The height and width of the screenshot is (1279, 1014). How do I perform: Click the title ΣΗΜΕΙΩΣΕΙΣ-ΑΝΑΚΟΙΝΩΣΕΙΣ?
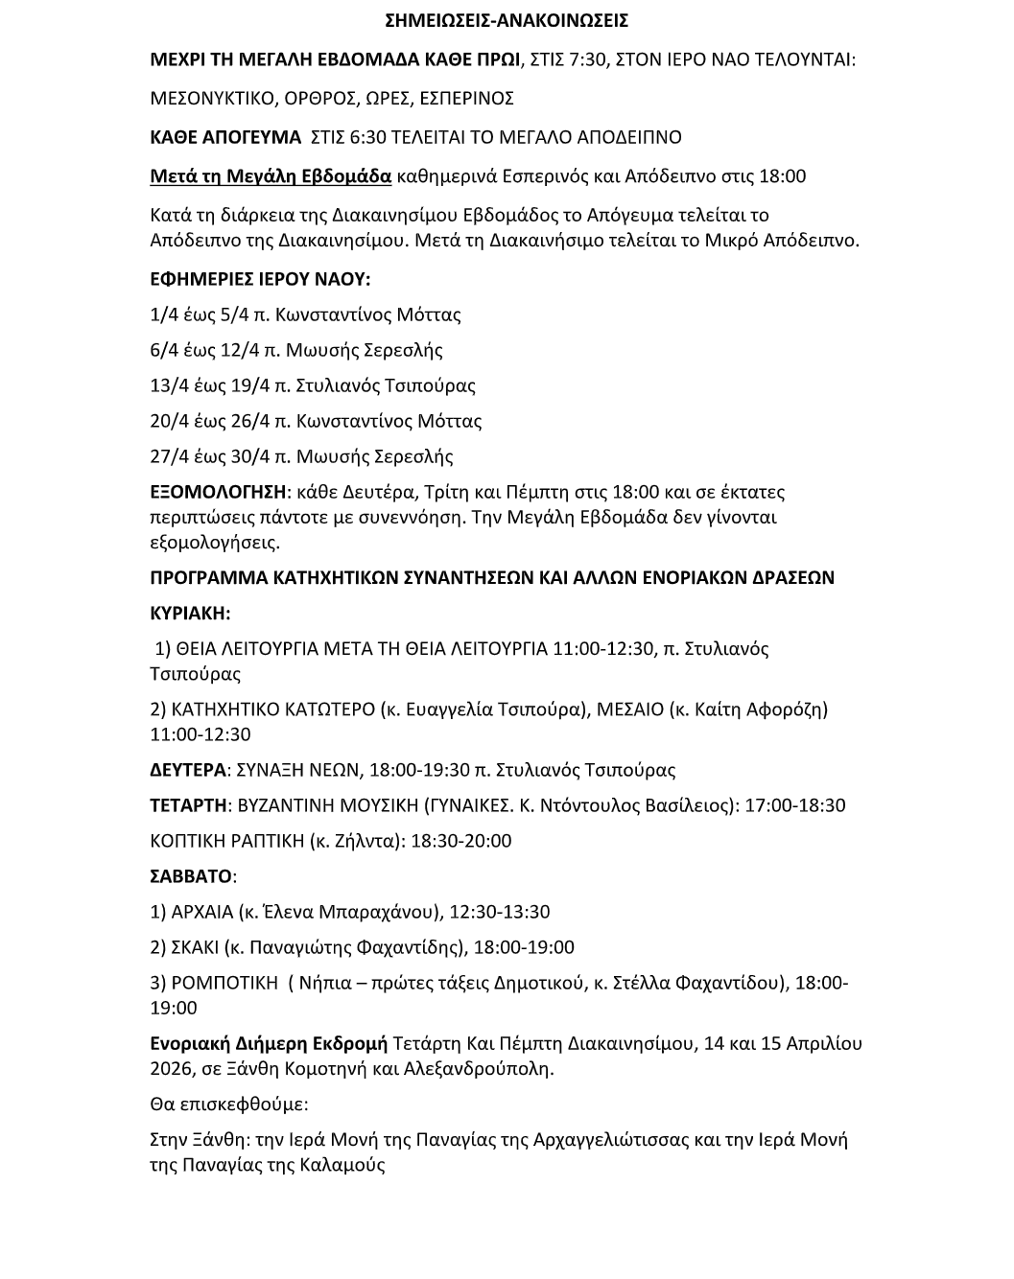click(x=507, y=20)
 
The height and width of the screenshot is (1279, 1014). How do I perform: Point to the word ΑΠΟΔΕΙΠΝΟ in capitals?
click(x=623, y=137)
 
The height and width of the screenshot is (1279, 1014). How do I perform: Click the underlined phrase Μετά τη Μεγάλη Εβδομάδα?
click(x=271, y=176)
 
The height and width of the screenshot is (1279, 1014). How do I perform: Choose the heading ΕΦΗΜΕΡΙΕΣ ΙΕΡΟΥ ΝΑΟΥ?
click(x=260, y=279)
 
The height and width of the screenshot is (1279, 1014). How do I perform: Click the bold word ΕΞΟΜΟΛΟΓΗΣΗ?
click(x=219, y=492)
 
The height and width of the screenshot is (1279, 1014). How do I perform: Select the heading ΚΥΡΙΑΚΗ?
click(x=190, y=613)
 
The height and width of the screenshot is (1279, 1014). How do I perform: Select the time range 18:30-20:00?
click(x=461, y=841)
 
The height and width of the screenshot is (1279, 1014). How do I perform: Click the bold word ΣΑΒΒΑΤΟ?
click(x=191, y=876)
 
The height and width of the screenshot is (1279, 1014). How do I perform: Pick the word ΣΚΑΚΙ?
click(x=194, y=947)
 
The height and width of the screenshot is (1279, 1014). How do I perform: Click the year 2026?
click(x=174, y=1068)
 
